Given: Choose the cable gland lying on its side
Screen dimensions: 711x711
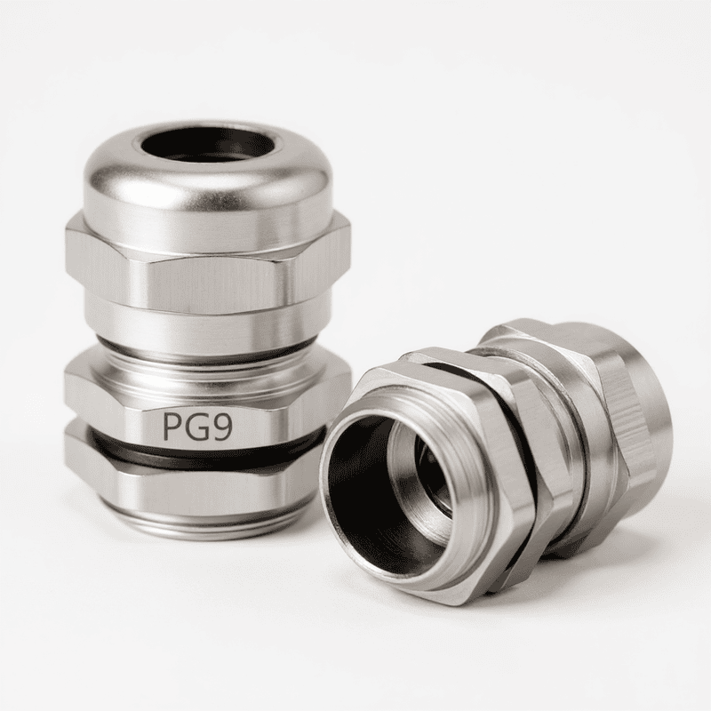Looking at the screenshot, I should pos(498,462).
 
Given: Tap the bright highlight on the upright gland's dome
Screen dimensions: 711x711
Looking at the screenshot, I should pos(116,178).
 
